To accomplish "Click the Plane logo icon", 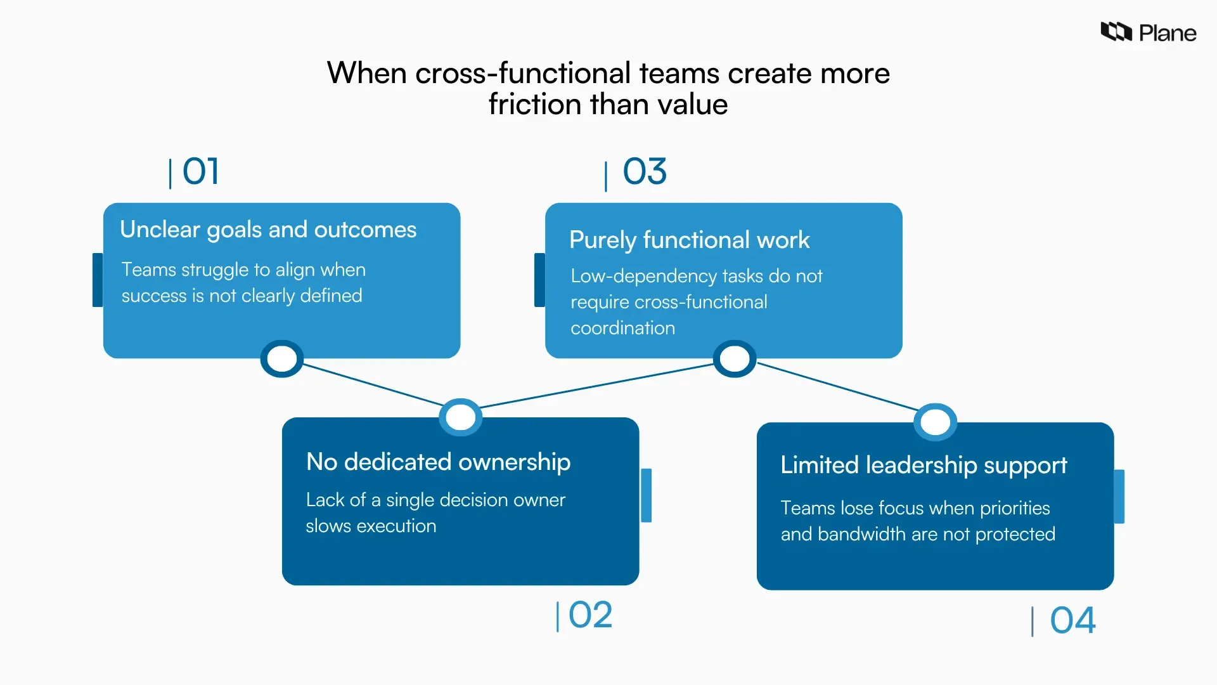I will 1116,32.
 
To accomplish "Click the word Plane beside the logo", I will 1168,33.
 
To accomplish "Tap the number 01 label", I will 200,171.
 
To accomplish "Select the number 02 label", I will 590,615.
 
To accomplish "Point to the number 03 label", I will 645,171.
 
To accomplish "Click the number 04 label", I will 1072,620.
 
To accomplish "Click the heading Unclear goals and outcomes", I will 268,230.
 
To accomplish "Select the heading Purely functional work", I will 689,240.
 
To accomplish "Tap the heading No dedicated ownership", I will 438,462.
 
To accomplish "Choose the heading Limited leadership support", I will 924,466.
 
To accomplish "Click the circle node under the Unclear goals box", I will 282,359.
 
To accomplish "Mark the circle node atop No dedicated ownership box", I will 461,417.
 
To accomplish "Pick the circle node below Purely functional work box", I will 735,359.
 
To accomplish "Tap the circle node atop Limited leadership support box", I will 936,422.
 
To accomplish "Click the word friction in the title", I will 534,105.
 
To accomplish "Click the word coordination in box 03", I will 622,329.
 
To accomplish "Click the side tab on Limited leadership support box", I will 1119,497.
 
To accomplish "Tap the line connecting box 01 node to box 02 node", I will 372,384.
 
